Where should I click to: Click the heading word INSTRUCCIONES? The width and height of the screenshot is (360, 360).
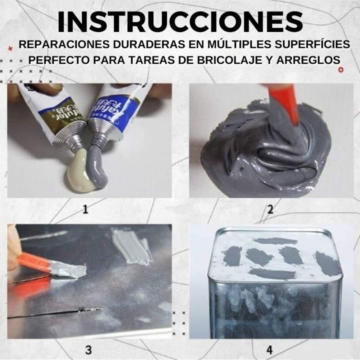180,21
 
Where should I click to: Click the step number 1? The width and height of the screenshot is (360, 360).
84,209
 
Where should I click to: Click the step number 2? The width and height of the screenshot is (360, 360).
270,209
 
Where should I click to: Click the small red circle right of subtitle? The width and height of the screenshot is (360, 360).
341,69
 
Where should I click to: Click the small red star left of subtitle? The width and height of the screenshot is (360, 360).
10,48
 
